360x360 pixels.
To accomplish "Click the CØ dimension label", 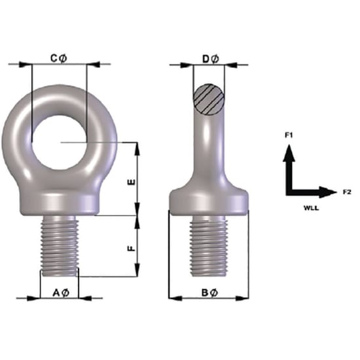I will [59, 58].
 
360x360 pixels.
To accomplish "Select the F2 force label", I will [348, 192].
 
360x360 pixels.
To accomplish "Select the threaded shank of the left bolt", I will [60, 245].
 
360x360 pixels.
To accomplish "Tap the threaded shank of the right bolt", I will [209, 245].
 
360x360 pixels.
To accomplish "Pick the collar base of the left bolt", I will [60, 201].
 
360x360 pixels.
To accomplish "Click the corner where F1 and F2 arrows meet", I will [289, 192].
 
